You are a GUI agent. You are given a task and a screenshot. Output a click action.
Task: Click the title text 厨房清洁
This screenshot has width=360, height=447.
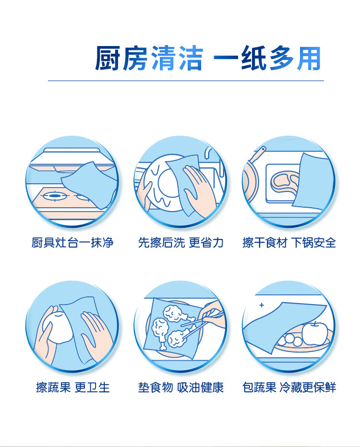(149, 58)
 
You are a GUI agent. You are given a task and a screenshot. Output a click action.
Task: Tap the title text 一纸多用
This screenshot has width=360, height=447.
(267, 58)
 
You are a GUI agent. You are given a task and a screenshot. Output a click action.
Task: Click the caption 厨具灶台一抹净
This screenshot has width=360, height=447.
(72, 243)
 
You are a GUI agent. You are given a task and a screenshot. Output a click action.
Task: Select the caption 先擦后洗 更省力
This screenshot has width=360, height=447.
(180, 243)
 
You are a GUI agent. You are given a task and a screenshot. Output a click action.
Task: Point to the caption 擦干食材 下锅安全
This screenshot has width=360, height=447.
(289, 243)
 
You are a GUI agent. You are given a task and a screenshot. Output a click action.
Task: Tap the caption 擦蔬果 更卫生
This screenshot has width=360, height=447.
(73, 388)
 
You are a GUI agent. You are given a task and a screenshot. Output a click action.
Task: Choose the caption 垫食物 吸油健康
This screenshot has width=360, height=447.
(180, 388)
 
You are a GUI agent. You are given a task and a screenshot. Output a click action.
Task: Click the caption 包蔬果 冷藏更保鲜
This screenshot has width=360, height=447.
(289, 388)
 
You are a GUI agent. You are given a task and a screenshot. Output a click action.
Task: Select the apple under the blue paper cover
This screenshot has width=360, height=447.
(315, 333)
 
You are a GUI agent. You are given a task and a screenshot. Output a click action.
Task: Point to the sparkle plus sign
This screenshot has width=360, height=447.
(262, 305)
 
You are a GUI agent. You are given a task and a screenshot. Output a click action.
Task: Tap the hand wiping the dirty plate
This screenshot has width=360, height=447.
(197, 190)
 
